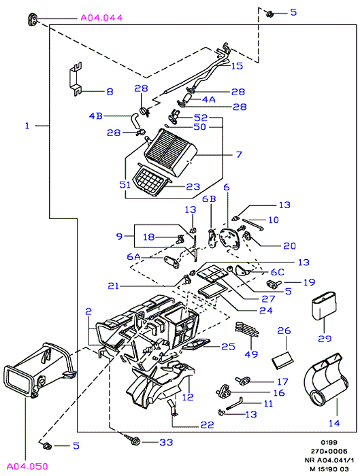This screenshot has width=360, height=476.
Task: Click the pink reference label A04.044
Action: tap(101, 18)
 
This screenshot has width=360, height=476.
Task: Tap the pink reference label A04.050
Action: tap(27, 466)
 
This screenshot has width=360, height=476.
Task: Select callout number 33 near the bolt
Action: tap(166, 442)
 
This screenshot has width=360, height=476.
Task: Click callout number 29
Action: tap(325, 339)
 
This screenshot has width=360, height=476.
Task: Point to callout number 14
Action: tap(334, 423)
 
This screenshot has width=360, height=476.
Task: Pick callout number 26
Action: tap(284, 330)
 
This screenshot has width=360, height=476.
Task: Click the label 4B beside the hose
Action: tap(96, 116)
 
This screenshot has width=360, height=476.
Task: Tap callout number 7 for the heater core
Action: tap(239, 154)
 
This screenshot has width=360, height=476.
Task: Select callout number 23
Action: tap(193, 186)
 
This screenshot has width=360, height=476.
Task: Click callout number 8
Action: tap(110, 91)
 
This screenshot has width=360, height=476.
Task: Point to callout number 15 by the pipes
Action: tap(238, 66)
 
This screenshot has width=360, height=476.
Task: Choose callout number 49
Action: tap(251, 354)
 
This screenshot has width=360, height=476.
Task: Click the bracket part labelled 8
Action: tap(76, 79)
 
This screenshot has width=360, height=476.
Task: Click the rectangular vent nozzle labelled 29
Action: tap(324, 306)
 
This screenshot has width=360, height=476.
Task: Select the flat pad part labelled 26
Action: tap(283, 360)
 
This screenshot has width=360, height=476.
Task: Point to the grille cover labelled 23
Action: tap(150, 180)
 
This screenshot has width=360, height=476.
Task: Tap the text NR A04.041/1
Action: tap(329, 460)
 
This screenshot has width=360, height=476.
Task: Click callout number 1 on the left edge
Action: tap(27, 125)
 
